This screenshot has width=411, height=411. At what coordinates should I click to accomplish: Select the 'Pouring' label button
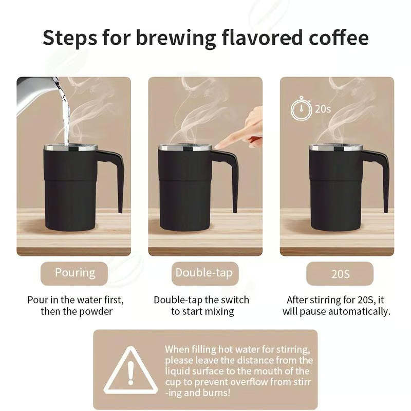75,273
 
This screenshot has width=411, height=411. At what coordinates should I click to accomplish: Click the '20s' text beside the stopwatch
323,109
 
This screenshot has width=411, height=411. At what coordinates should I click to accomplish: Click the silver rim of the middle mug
185,148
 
